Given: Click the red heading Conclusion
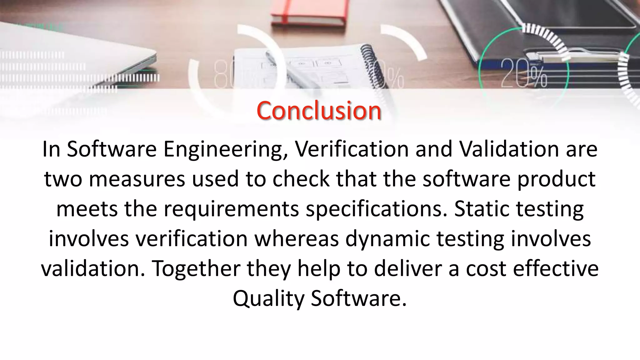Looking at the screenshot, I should pyautogui.click(x=319, y=111).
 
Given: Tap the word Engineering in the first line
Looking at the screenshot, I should pyautogui.click(x=225, y=149).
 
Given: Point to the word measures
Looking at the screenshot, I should pyautogui.click(x=137, y=179).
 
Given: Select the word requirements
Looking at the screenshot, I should pyautogui.click(x=231, y=209).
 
